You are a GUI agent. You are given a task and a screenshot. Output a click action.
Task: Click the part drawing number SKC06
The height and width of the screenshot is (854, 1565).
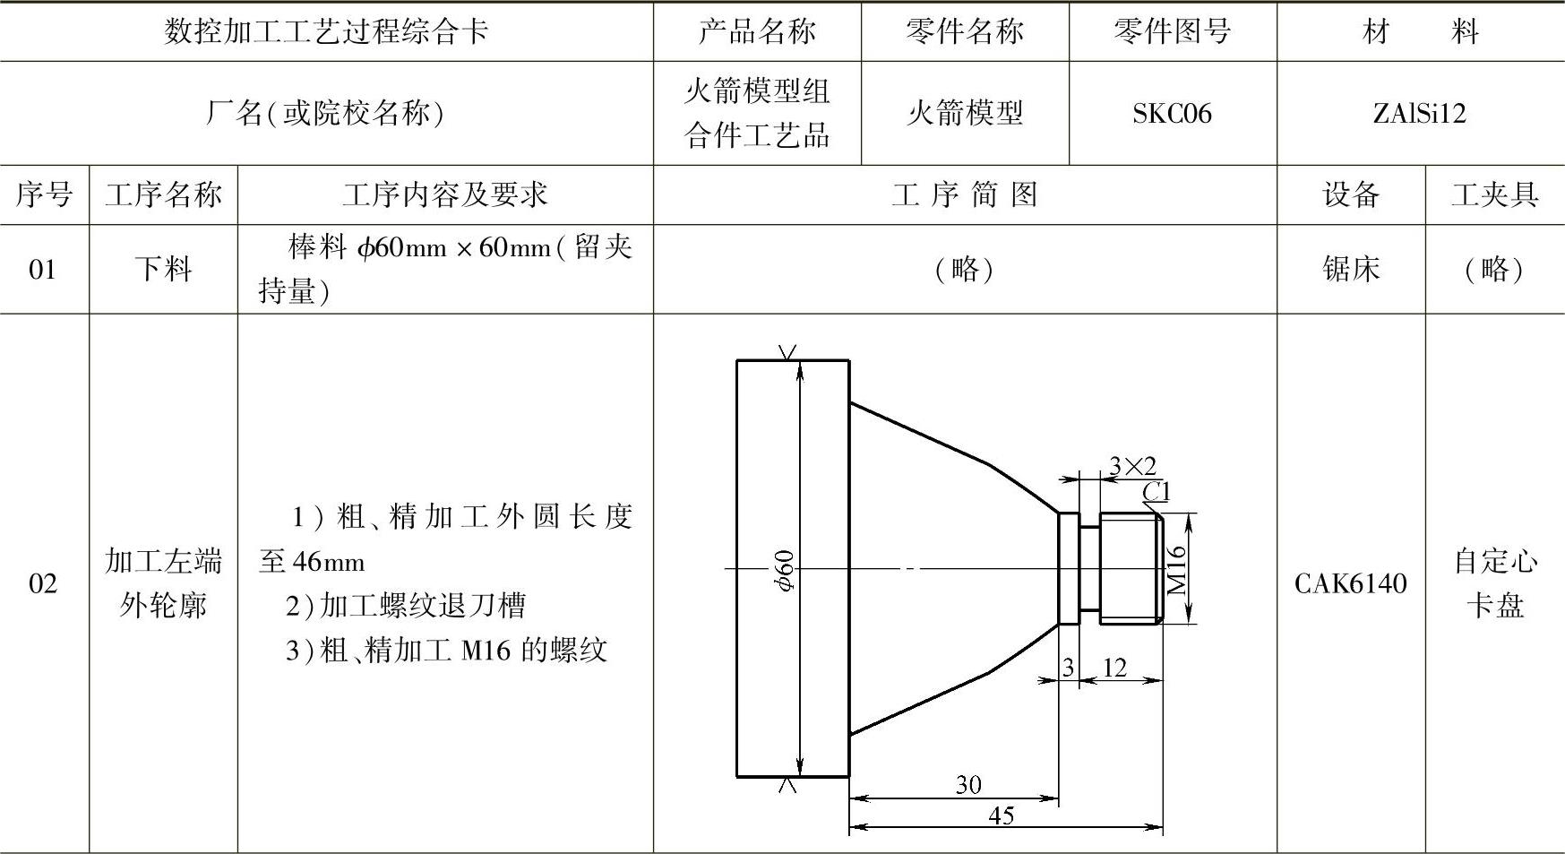pyautogui.click(x=1172, y=114)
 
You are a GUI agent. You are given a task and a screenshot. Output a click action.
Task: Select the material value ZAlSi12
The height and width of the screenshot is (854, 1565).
pyautogui.click(x=1419, y=114)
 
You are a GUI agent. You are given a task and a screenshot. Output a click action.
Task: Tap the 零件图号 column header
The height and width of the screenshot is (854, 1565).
pyautogui.click(x=1172, y=31)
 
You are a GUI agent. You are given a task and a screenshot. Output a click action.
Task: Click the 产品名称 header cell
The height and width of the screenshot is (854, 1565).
pyautogui.click(x=757, y=31)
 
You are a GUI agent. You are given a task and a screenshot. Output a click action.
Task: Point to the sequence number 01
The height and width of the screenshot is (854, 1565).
pyautogui.click(x=43, y=269)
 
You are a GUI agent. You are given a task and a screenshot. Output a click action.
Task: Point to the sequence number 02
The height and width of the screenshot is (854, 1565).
pyautogui.click(x=43, y=583)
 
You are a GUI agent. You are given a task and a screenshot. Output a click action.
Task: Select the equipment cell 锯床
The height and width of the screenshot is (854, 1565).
pyautogui.click(x=1351, y=269)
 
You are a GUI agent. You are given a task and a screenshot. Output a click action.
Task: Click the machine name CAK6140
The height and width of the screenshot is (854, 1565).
pyautogui.click(x=1351, y=583)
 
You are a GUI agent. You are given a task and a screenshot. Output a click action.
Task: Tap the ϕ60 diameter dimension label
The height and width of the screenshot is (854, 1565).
pyautogui.click(x=785, y=570)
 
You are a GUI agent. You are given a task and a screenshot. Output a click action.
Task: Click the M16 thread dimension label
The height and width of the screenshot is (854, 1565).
pyautogui.click(x=1177, y=570)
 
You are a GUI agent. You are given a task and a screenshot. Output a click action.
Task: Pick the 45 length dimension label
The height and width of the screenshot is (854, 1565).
pyautogui.click(x=1002, y=815)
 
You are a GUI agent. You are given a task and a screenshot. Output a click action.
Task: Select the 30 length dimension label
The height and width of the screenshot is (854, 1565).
pyautogui.click(x=968, y=785)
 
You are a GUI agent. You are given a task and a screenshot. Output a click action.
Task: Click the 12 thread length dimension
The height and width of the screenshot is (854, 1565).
pyautogui.click(x=1114, y=668)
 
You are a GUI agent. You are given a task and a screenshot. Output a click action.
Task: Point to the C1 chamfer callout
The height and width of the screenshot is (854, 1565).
pyautogui.click(x=1157, y=491)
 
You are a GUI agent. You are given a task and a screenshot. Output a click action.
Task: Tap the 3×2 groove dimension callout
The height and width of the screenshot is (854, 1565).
pyautogui.click(x=1132, y=466)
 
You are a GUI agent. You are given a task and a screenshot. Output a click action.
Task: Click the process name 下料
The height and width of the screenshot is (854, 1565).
pyautogui.click(x=163, y=269)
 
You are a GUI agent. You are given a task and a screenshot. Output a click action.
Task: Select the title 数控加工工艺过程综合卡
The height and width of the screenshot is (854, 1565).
pyautogui.click(x=326, y=31)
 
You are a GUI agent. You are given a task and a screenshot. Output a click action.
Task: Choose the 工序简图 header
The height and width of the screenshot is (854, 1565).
pyautogui.click(x=965, y=194)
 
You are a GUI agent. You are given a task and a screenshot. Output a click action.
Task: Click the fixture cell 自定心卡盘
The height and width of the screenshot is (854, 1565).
pyautogui.click(x=1494, y=583)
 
